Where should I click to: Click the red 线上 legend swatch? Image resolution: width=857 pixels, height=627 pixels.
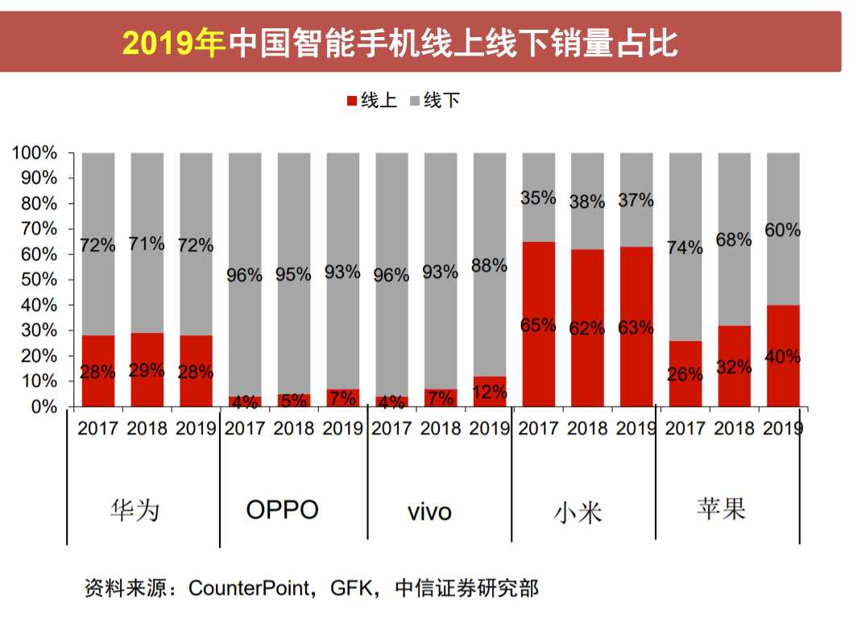(351, 101)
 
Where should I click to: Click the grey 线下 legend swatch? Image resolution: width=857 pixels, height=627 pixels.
(415, 101)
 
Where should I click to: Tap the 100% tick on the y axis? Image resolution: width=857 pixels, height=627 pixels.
(34, 152)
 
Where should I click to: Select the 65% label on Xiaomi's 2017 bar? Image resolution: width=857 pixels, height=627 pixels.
(538, 326)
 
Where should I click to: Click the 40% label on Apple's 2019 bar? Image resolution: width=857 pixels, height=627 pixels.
(783, 357)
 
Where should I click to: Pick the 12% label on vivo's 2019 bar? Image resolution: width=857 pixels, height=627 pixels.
(490, 392)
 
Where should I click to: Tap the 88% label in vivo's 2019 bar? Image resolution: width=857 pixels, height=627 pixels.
(490, 265)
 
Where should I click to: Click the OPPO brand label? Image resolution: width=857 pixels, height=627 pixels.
(282, 509)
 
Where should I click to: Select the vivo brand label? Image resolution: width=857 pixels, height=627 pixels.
(429, 512)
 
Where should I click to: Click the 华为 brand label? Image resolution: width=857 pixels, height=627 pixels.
(135, 510)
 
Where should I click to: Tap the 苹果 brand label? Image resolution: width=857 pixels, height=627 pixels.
(721, 509)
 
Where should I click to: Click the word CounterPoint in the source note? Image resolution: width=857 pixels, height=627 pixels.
(249, 588)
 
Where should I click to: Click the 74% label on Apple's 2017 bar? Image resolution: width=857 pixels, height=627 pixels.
(685, 248)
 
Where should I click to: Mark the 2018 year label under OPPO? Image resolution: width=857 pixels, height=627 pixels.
(293, 428)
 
